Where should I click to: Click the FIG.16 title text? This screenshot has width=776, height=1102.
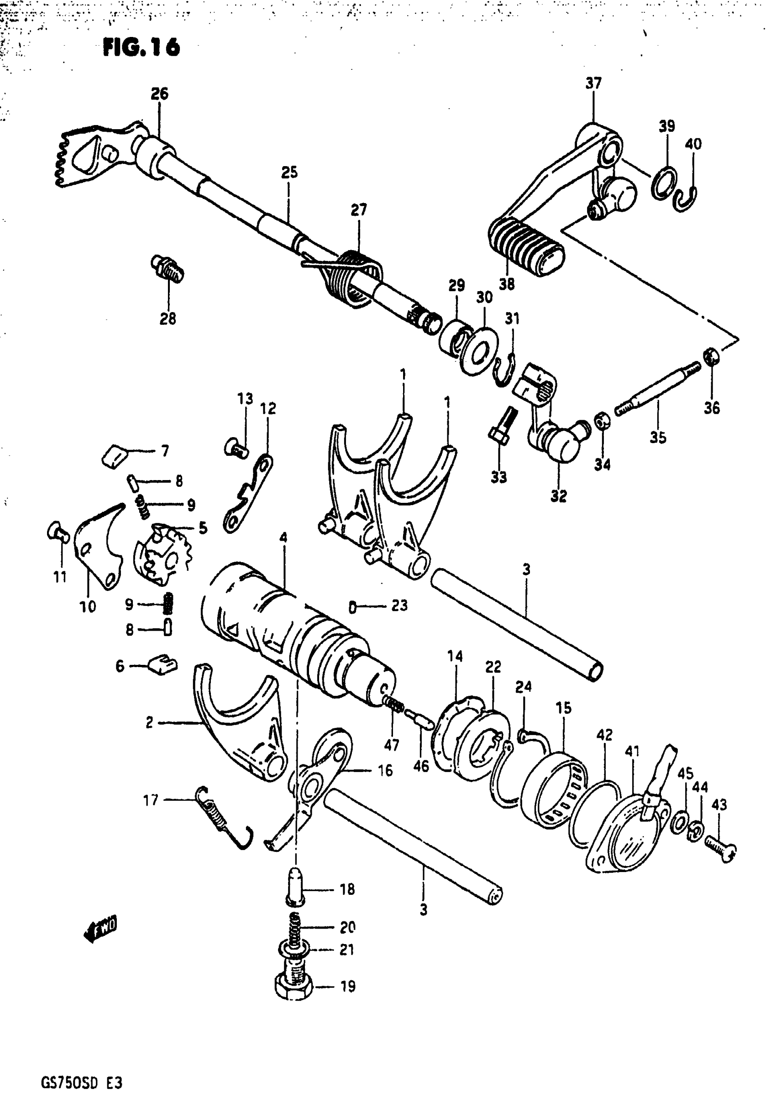142,47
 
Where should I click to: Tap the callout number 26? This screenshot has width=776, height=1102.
159,94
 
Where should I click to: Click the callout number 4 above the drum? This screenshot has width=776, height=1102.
283,538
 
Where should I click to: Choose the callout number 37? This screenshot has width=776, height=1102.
593,84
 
